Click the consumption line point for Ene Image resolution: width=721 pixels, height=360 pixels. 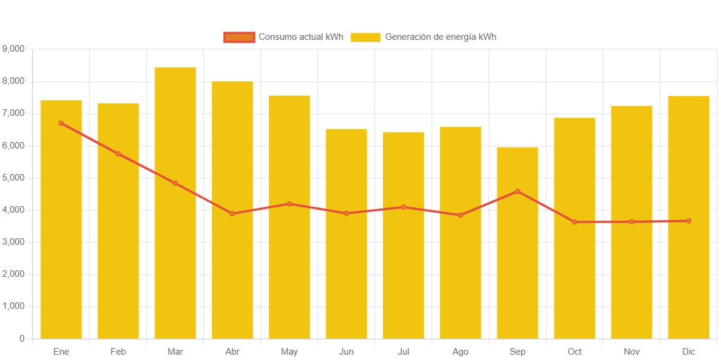[61, 124]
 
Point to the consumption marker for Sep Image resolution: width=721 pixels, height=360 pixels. [518, 191]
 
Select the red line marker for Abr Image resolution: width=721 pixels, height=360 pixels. [232, 214]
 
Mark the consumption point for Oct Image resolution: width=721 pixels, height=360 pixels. [575, 222]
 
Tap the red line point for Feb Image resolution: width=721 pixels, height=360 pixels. [118, 154]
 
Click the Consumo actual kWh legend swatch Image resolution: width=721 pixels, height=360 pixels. [239, 37]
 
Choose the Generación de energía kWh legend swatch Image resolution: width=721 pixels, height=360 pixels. [366, 37]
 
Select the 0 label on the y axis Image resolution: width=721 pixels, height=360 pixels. [22, 339]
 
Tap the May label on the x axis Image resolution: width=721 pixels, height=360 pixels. [289, 352]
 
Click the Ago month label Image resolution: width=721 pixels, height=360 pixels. [461, 352]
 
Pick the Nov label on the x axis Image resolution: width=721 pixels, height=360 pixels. [632, 352]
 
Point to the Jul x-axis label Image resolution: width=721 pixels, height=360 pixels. [404, 352]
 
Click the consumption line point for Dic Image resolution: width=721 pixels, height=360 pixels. [689, 221]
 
